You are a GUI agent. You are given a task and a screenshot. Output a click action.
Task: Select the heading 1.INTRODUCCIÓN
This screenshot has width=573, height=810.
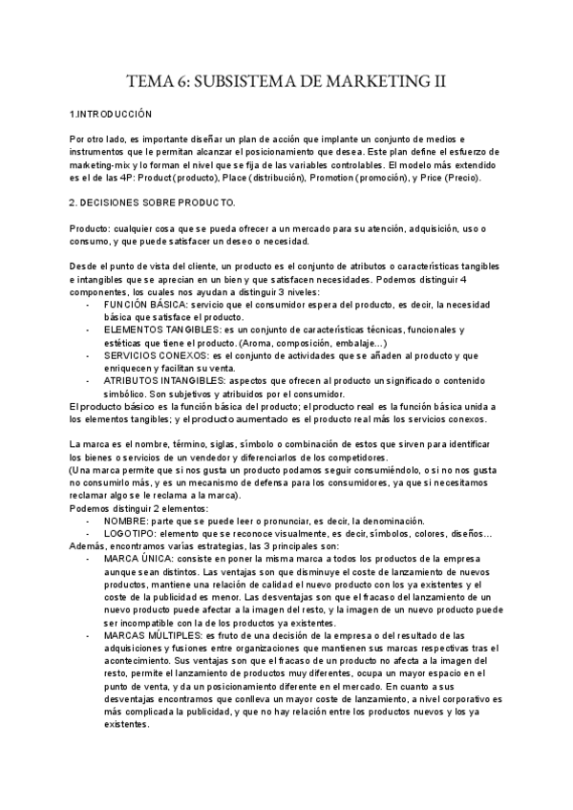[x=112, y=114]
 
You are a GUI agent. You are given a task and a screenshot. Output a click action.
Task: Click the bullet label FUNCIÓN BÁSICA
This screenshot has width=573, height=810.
[x=143, y=303]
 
